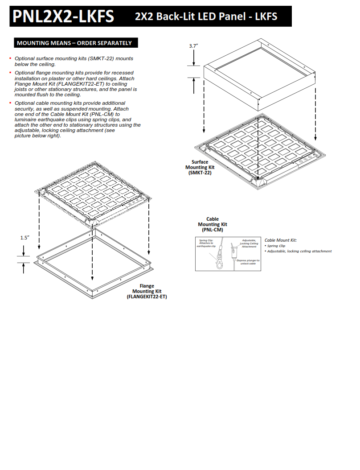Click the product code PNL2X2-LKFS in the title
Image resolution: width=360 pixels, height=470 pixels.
click(x=63, y=16)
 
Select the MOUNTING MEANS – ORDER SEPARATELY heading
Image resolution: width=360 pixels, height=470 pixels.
click(x=74, y=43)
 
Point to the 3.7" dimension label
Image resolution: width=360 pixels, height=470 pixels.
click(x=193, y=45)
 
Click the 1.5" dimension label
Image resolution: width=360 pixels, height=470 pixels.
click(x=24, y=238)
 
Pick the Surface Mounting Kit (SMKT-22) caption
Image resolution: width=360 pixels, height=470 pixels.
click(x=200, y=167)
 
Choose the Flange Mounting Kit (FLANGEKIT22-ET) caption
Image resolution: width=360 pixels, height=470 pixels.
click(x=147, y=291)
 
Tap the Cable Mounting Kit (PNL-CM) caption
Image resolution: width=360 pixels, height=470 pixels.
click(x=213, y=224)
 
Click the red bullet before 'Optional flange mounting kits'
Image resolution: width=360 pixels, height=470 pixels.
click(x=10, y=73)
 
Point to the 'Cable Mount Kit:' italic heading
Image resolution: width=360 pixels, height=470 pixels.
click(x=281, y=240)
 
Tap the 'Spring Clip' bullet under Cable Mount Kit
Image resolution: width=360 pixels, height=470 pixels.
click(x=276, y=246)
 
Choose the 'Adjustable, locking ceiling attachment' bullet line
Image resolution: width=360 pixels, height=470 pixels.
click(x=299, y=251)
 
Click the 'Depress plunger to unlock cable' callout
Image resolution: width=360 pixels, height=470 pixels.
click(x=248, y=262)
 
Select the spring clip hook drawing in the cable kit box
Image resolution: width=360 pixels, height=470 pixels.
click(x=219, y=261)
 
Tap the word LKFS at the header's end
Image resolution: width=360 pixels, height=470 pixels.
click(x=266, y=16)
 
